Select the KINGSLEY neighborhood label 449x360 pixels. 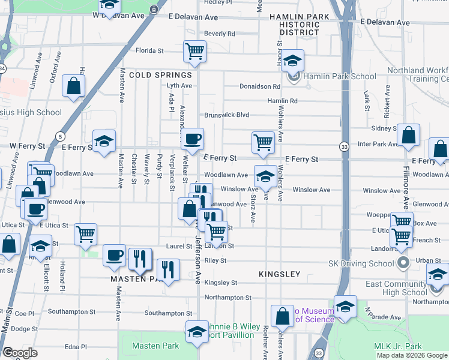point(279,274)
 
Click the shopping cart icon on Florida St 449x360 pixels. point(194,51)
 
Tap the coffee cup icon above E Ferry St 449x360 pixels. point(193,139)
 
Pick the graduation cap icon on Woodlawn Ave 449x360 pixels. point(265,176)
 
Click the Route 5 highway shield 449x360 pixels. point(60,137)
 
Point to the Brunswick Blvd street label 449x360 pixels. point(226,115)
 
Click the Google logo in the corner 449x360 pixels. point(20,353)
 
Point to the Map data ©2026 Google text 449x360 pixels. point(412,355)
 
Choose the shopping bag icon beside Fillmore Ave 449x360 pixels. point(409,137)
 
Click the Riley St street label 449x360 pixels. point(215,260)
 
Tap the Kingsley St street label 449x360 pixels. point(221,283)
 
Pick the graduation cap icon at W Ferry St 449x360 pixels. point(104,142)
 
